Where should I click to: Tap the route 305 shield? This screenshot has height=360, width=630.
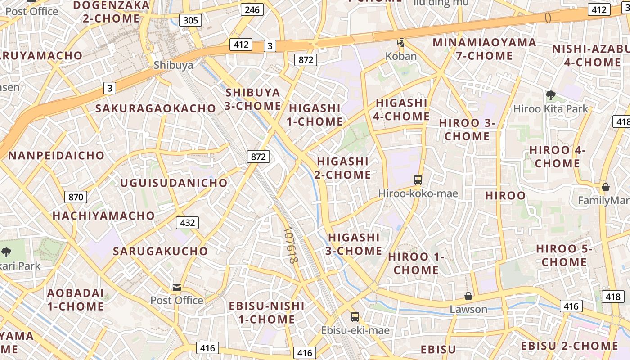point(190,20)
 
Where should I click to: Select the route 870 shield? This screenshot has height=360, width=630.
point(76,197)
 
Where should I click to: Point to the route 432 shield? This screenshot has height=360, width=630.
point(187,223)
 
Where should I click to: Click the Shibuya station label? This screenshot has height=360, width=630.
point(173,65)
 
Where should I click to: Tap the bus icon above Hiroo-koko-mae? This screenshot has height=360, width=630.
point(418,180)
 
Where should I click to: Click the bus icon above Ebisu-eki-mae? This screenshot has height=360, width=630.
point(355,317)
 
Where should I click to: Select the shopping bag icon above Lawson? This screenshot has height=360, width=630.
point(468,296)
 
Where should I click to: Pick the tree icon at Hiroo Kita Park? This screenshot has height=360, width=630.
point(550,95)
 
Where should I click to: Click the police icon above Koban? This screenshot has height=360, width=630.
point(400,43)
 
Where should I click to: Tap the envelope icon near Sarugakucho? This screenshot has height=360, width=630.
point(176,287)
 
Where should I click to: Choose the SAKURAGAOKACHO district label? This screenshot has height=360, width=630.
point(156,108)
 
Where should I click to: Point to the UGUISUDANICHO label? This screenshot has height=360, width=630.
point(174,183)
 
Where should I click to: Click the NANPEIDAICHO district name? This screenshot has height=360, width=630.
point(56,156)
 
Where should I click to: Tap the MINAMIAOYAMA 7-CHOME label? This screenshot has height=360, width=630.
point(485,49)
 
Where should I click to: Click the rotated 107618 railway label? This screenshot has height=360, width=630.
point(292,245)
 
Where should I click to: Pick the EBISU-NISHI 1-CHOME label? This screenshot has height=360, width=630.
point(266,313)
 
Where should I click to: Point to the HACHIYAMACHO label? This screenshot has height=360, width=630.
point(103,216)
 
